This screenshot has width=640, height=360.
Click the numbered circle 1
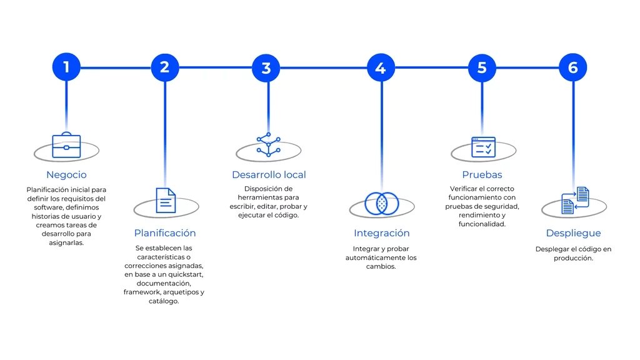66,67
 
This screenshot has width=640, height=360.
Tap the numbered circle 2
165,67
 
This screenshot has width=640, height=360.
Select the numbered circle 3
266,68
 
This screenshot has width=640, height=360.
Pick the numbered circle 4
381,68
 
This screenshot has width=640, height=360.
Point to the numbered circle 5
482,67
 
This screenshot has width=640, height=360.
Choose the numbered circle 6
573,67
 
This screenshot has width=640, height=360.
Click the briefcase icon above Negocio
66,146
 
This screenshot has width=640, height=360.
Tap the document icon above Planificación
166,201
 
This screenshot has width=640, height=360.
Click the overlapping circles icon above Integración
382,204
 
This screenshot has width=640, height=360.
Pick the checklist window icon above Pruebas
483,147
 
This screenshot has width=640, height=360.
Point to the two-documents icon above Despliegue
575,200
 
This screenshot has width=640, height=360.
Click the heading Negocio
66,175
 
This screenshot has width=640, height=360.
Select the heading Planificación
165,233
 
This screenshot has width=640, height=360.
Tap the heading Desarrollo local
269,175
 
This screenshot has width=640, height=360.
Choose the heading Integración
382,233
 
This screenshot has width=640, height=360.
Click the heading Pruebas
482,175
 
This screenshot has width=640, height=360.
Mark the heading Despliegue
573,233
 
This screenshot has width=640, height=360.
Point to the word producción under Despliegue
573,258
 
